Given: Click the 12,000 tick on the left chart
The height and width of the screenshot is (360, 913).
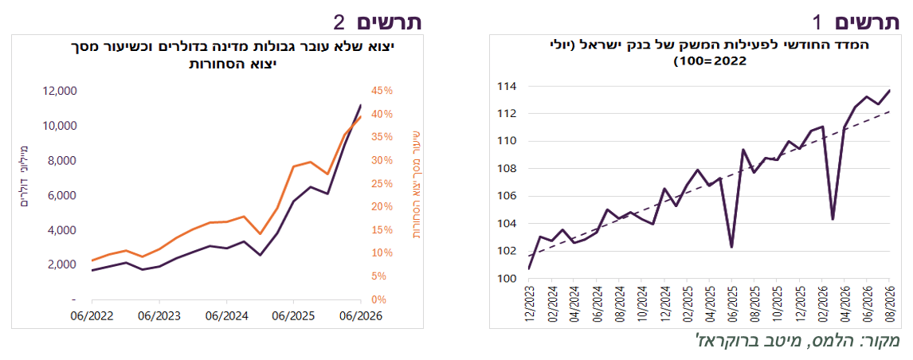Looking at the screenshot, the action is tap(61, 91).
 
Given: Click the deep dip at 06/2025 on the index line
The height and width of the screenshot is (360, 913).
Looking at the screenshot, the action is tap(731, 247).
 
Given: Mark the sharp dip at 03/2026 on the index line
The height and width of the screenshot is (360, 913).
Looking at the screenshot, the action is tap(833, 219).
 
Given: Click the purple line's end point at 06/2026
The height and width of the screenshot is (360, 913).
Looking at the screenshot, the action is tap(361, 105).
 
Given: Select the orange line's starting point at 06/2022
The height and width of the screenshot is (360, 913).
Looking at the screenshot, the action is tap(92, 260).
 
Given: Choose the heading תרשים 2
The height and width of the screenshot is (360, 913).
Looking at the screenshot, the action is tap(377, 22).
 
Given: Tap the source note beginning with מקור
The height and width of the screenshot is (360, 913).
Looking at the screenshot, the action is tap(797, 341).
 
